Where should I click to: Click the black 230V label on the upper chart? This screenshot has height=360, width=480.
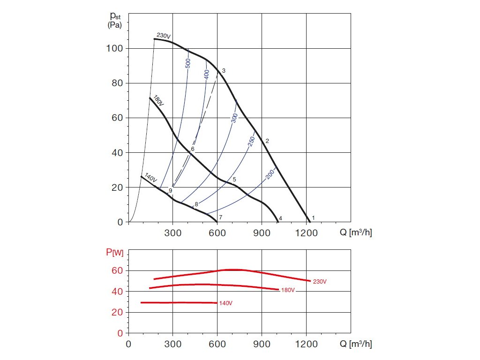tap(164, 36)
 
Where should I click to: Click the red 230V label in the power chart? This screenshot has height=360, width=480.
tap(320, 282)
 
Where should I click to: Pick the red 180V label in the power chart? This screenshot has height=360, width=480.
tap(287, 290)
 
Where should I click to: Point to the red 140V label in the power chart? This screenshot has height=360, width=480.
tap(225, 303)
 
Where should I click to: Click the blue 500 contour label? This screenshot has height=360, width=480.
tap(188, 64)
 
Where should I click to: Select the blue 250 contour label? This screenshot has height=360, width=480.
tap(251, 141)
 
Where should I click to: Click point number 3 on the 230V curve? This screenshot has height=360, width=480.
tap(224, 71)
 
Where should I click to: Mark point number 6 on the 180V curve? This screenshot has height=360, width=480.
tap(192, 149)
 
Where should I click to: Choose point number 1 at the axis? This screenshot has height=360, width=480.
tap(313, 217)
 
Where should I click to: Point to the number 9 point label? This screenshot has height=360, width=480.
tap(170, 191)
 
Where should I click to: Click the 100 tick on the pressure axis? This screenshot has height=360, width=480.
tap(115, 48)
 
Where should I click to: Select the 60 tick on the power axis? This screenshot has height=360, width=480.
tap(117, 270)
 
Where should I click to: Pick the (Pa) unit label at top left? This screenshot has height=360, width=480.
tap(115, 25)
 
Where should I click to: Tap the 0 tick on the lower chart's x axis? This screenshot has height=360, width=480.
tap(129, 344)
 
